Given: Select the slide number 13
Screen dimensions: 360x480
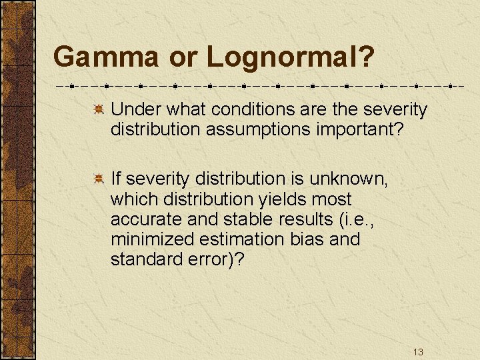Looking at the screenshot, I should point(418,352).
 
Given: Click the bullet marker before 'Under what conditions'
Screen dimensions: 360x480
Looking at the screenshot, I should point(97,109).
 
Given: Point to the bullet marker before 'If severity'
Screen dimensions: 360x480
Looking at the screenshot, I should point(97,179).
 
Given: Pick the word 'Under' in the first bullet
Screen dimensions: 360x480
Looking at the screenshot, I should point(131,109).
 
